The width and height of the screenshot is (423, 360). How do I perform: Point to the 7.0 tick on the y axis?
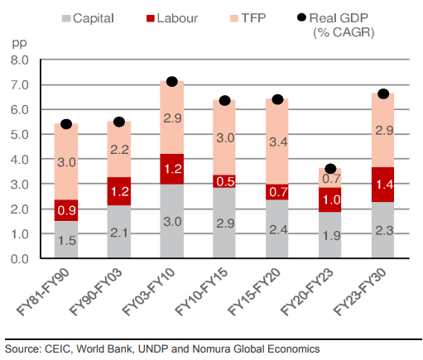click(x=19, y=84)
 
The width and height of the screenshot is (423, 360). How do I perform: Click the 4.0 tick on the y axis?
click(x=19, y=160)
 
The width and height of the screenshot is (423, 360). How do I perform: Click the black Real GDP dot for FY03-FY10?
click(x=172, y=81)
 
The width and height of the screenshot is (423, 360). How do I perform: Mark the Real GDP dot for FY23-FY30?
click(x=383, y=94)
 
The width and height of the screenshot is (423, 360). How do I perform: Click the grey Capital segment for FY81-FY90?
click(x=66, y=240)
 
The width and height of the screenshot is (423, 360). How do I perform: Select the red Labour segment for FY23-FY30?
click(x=383, y=184)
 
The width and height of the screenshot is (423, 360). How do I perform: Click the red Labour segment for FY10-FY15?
click(x=225, y=181)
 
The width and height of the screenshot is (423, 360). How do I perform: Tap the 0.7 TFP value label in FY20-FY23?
click(x=330, y=178)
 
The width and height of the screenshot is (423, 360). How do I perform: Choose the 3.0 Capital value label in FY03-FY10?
click(x=172, y=221)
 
